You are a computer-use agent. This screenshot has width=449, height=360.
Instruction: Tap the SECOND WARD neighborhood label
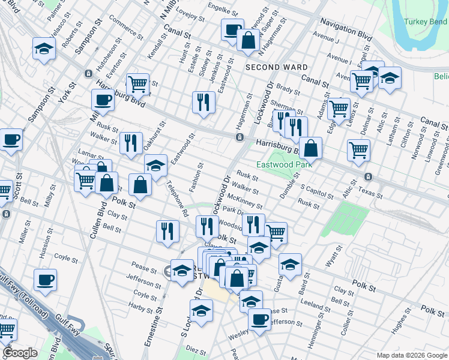click(x=277, y=67)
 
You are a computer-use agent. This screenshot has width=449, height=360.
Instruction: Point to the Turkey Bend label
click(x=423, y=22)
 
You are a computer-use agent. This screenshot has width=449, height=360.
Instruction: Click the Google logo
click(x=19, y=353)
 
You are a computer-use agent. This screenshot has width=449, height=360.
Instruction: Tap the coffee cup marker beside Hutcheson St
click(x=103, y=100)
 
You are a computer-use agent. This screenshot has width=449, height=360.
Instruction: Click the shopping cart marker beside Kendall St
click(x=137, y=85)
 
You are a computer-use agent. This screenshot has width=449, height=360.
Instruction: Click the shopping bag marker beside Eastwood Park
click(x=310, y=148)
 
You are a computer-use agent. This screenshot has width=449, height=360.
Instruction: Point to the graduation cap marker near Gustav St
click(x=290, y=264)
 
